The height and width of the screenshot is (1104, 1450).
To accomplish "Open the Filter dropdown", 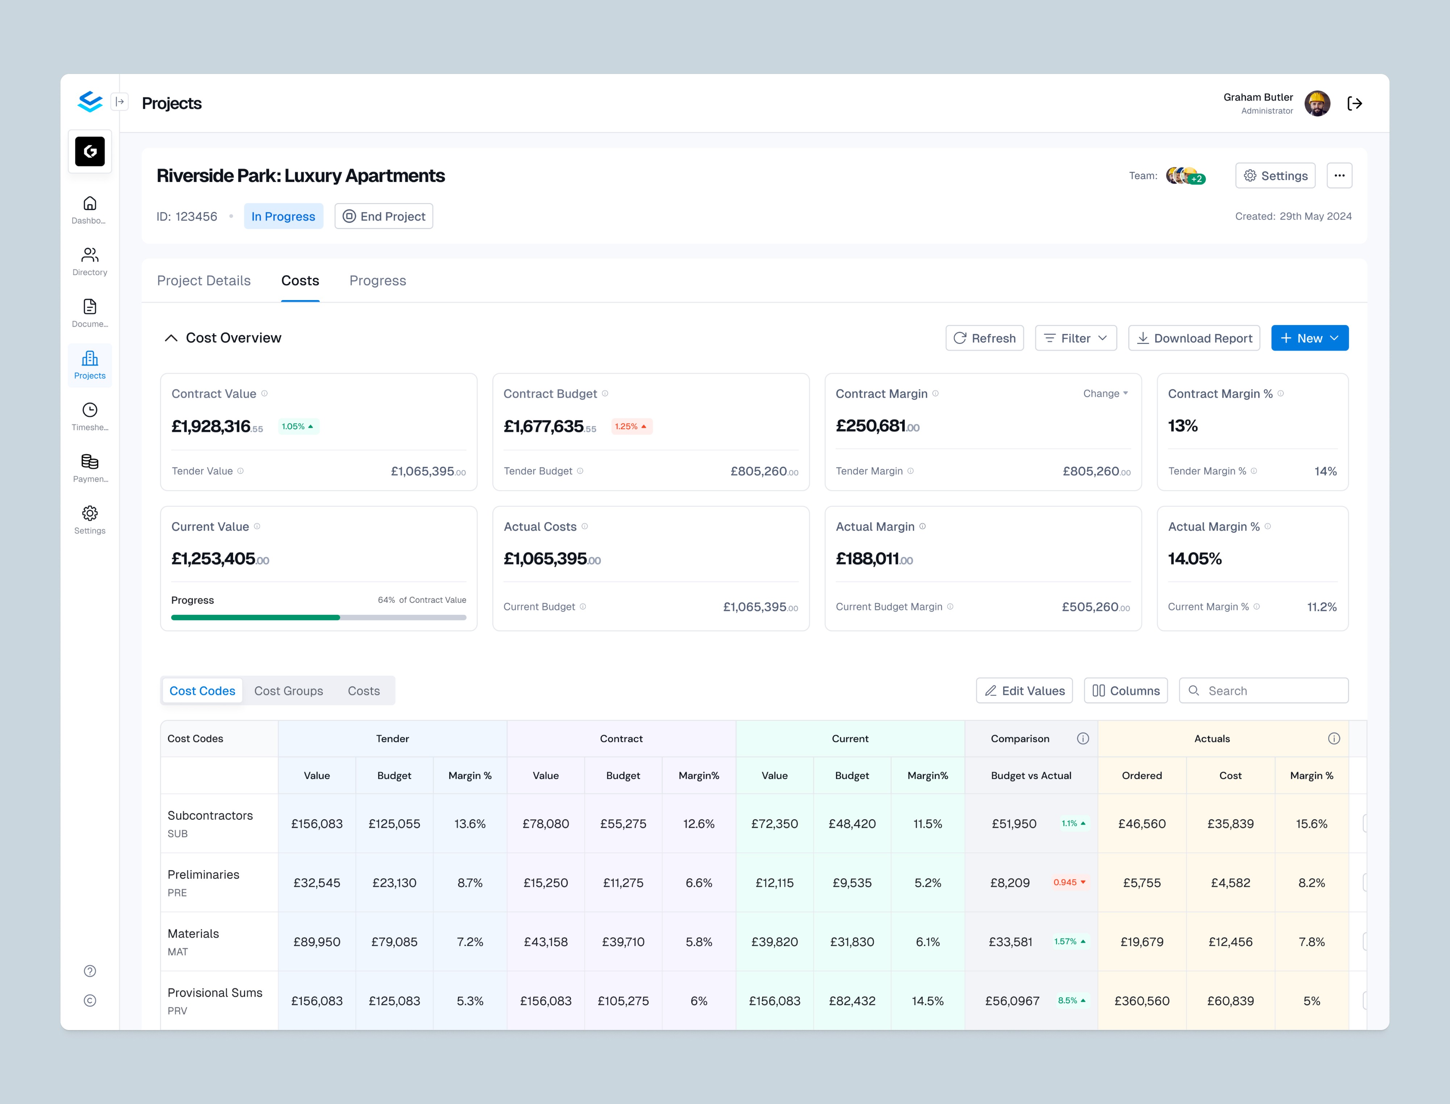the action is pyautogui.click(x=1075, y=338).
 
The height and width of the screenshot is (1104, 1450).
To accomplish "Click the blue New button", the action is pyautogui.click(x=1309, y=338).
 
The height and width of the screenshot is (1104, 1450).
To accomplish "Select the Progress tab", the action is pyautogui.click(x=377, y=281).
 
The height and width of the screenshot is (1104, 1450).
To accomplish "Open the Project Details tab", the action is pyautogui.click(x=204, y=281).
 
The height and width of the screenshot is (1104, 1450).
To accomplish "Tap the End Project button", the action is pyautogui.click(x=384, y=216).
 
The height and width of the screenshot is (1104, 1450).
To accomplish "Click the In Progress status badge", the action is pyautogui.click(x=283, y=216).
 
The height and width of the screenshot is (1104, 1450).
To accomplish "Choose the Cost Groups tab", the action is pyautogui.click(x=289, y=691).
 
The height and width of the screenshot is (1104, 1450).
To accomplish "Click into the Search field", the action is pyautogui.click(x=1263, y=691).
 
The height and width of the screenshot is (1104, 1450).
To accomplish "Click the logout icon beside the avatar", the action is pyautogui.click(x=1355, y=103).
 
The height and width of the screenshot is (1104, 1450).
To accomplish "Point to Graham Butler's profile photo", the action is pyautogui.click(x=1317, y=103).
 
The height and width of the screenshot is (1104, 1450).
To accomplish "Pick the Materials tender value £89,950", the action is pyautogui.click(x=317, y=942).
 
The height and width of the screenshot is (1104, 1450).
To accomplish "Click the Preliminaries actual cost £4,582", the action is pyautogui.click(x=1230, y=883).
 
